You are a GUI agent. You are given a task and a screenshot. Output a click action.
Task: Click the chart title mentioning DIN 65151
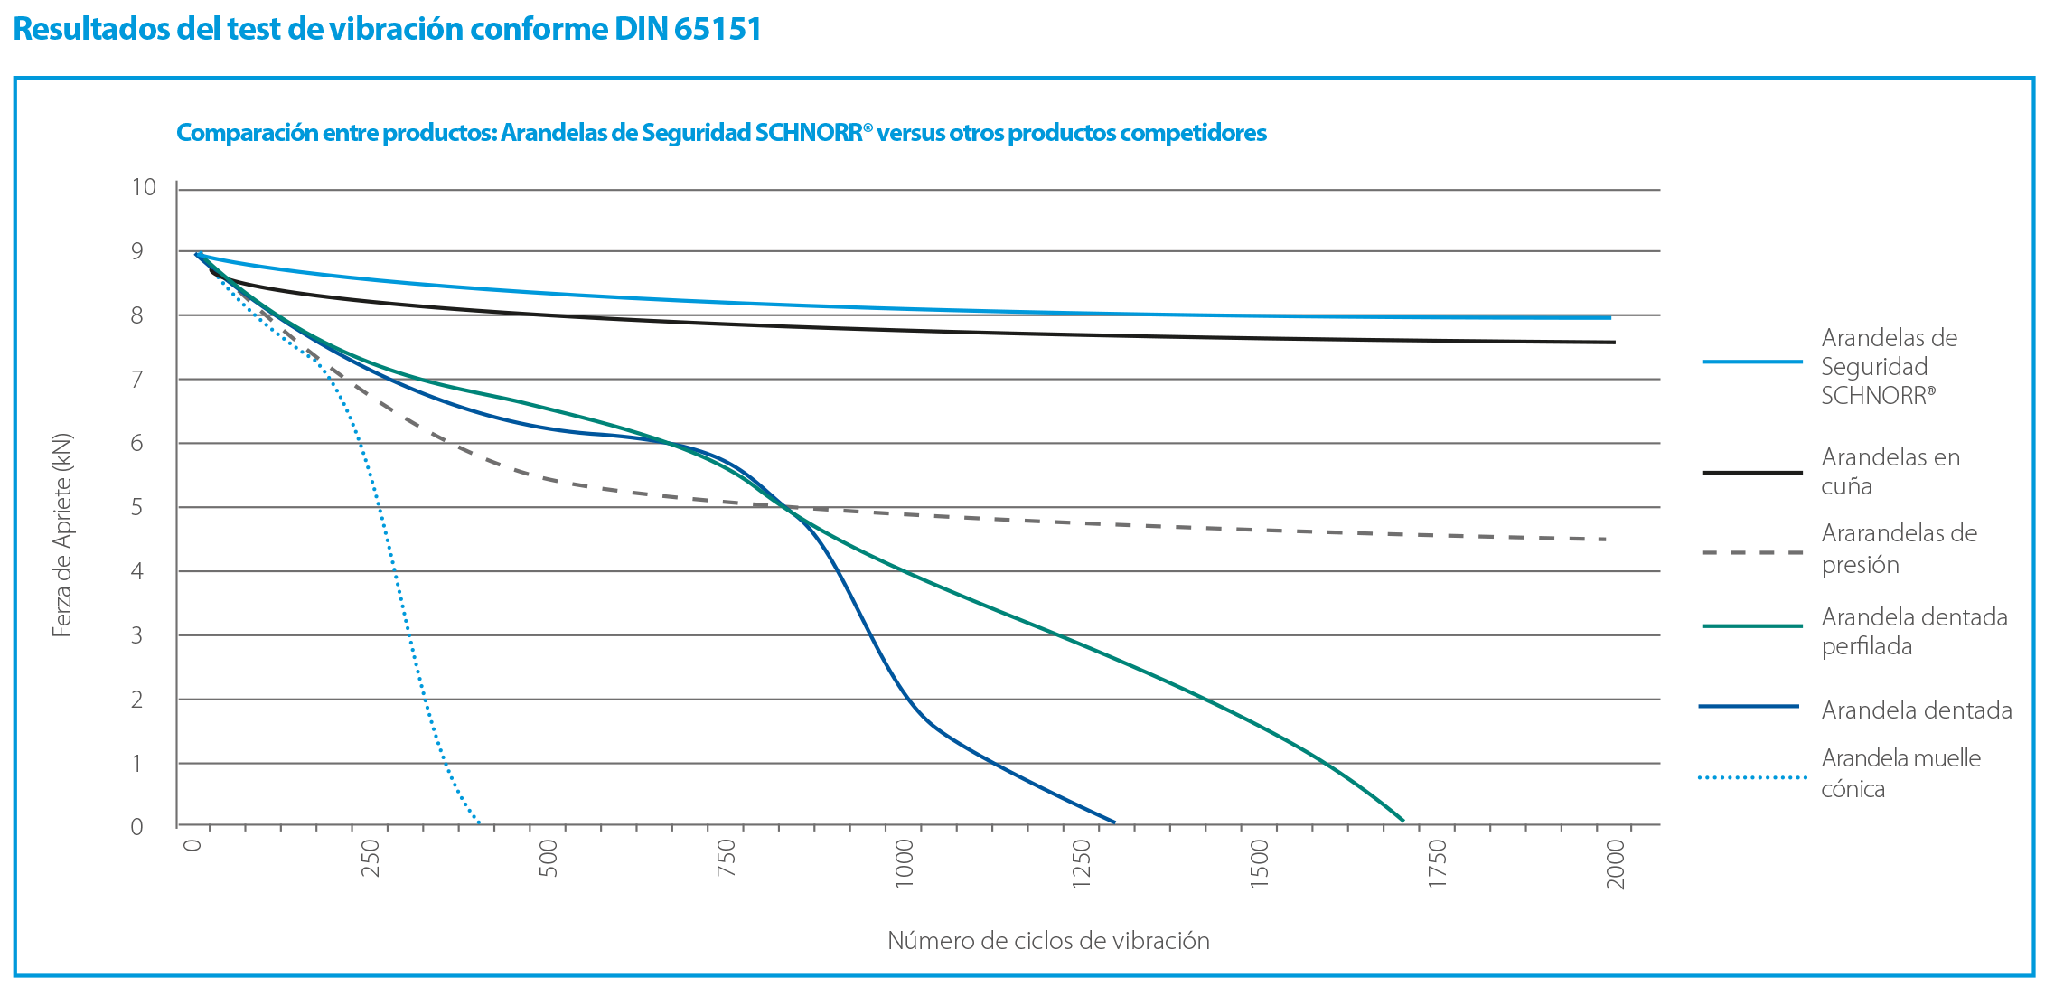pyautogui.click(x=387, y=30)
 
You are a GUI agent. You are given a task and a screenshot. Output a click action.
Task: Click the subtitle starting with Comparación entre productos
pyautogui.click(x=721, y=133)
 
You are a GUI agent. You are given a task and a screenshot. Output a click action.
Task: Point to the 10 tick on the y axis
pyautogui.click(x=144, y=187)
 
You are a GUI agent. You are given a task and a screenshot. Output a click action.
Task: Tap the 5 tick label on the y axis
pyautogui.click(x=136, y=507)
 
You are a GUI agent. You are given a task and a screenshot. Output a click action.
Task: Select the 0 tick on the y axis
pyautogui.click(x=136, y=826)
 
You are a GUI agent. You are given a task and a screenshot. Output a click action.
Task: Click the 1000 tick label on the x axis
pyautogui.click(x=904, y=863)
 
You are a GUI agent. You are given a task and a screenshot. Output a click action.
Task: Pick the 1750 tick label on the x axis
pyautogui.click(x=1437, y=863)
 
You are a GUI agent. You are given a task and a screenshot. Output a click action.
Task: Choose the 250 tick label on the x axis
pyautogui.click(x=371, y=859)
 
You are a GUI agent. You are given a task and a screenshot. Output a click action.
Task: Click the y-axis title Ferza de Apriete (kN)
pyautogui.click(x=61, y=535)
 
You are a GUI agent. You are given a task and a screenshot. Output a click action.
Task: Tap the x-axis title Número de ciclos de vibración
pyautogui.click(x=1048, y=940)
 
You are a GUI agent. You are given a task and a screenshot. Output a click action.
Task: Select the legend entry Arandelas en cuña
pyautogui.click(x=1889, y=471)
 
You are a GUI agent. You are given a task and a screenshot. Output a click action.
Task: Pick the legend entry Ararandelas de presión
pyautogui.click(x=1898, y=549)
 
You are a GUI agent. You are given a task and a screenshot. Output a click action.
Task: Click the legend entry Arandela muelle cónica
pyautogui.click(x=1900, y=773)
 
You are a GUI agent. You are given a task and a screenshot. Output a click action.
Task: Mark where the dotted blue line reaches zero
pyautogui.click(x=479, y=822)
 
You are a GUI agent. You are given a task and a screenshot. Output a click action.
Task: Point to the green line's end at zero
pyautogui.click(x=1403, y=821)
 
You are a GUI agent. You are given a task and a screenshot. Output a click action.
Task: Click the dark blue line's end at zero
pyautogui.click(x=1114, y=822)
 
